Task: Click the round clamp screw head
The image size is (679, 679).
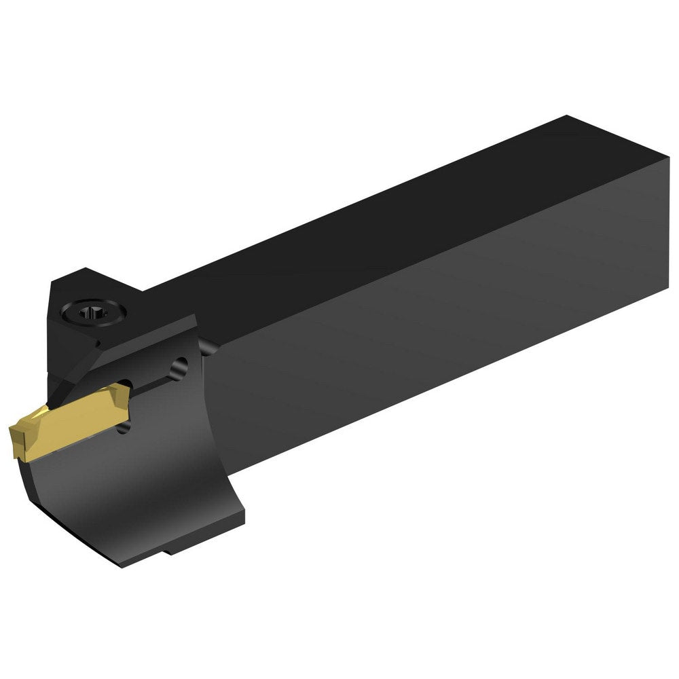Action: [88, 314]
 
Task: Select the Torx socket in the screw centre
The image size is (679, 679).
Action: [88, 314]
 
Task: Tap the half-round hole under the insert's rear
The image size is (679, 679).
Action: [123, 426]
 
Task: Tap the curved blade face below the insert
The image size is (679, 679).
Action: [136, 489]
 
